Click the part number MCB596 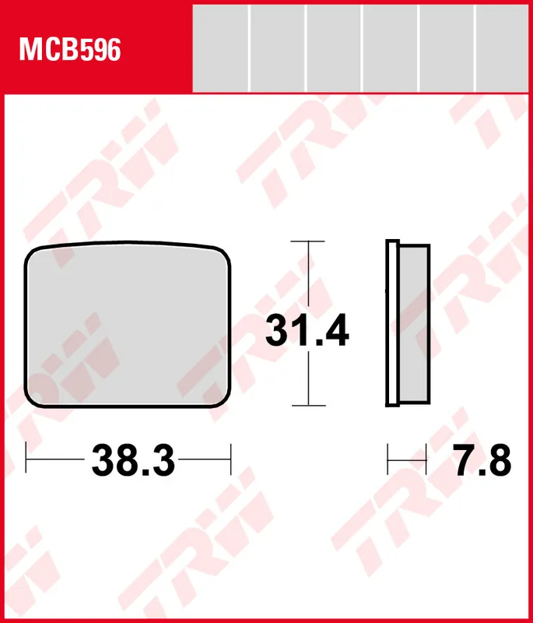70,51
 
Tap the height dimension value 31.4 307,332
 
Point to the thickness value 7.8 482,461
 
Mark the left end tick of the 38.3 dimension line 26,459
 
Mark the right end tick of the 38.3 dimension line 231,459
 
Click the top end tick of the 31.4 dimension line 309,241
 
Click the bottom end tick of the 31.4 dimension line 309,406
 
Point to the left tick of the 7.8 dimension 388,459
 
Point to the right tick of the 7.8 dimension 427,459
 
